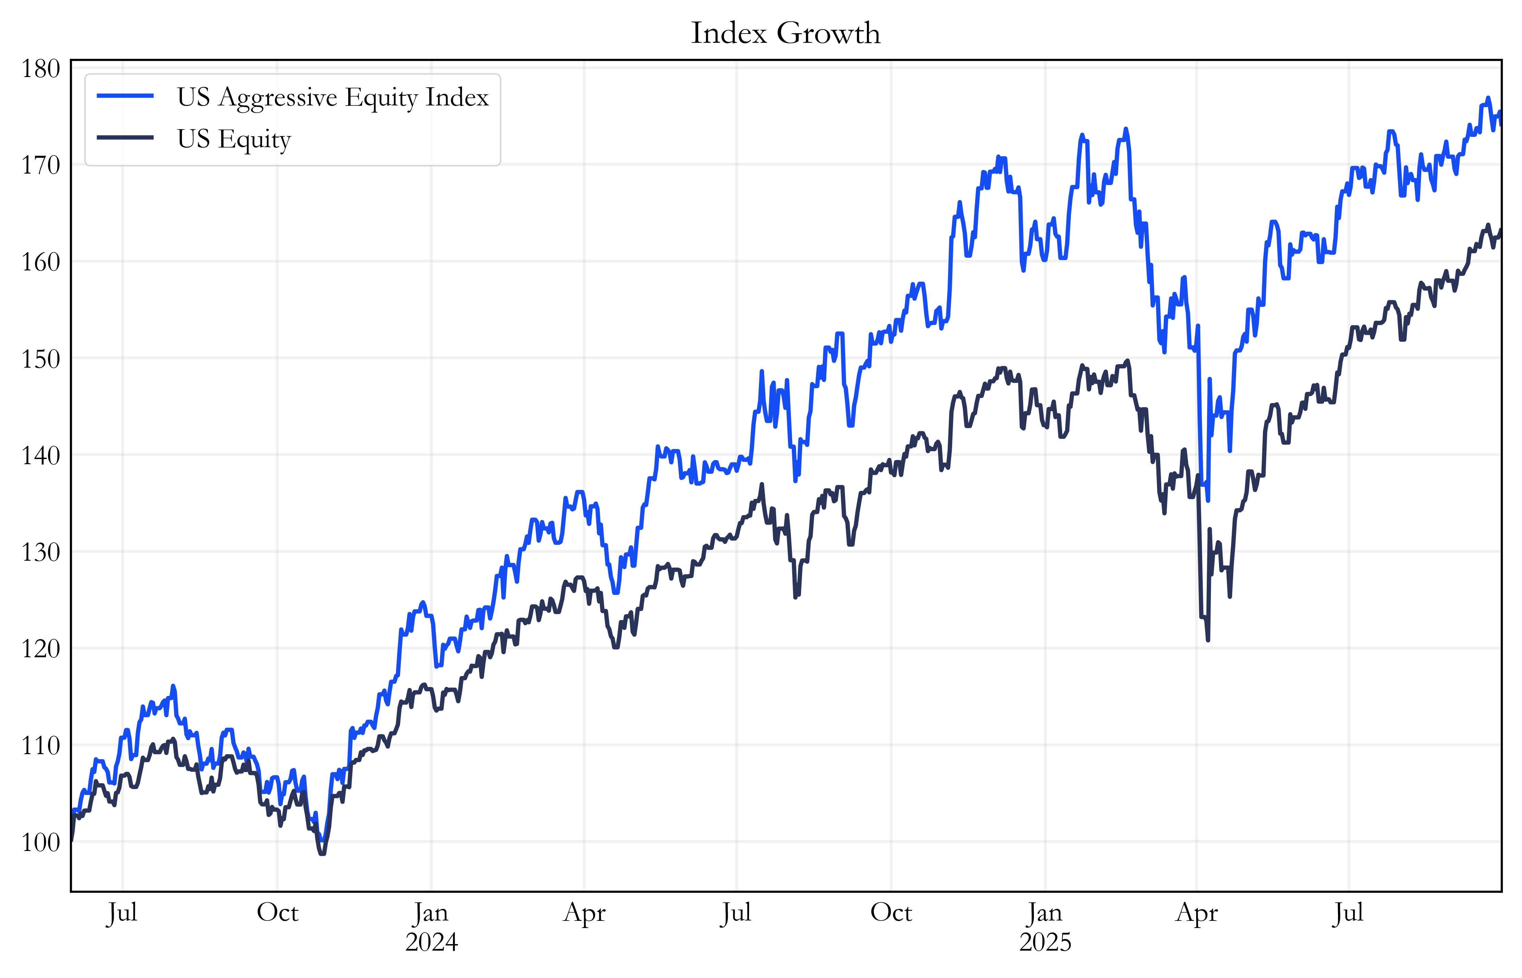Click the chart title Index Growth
pos(785,33)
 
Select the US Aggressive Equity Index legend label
pos(332,97)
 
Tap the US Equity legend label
pos(234,139)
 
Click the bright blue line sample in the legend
pos(125,96)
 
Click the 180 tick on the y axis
pos(41,68)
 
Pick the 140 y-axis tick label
pos(41,455)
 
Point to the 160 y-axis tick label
pos(41,262)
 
